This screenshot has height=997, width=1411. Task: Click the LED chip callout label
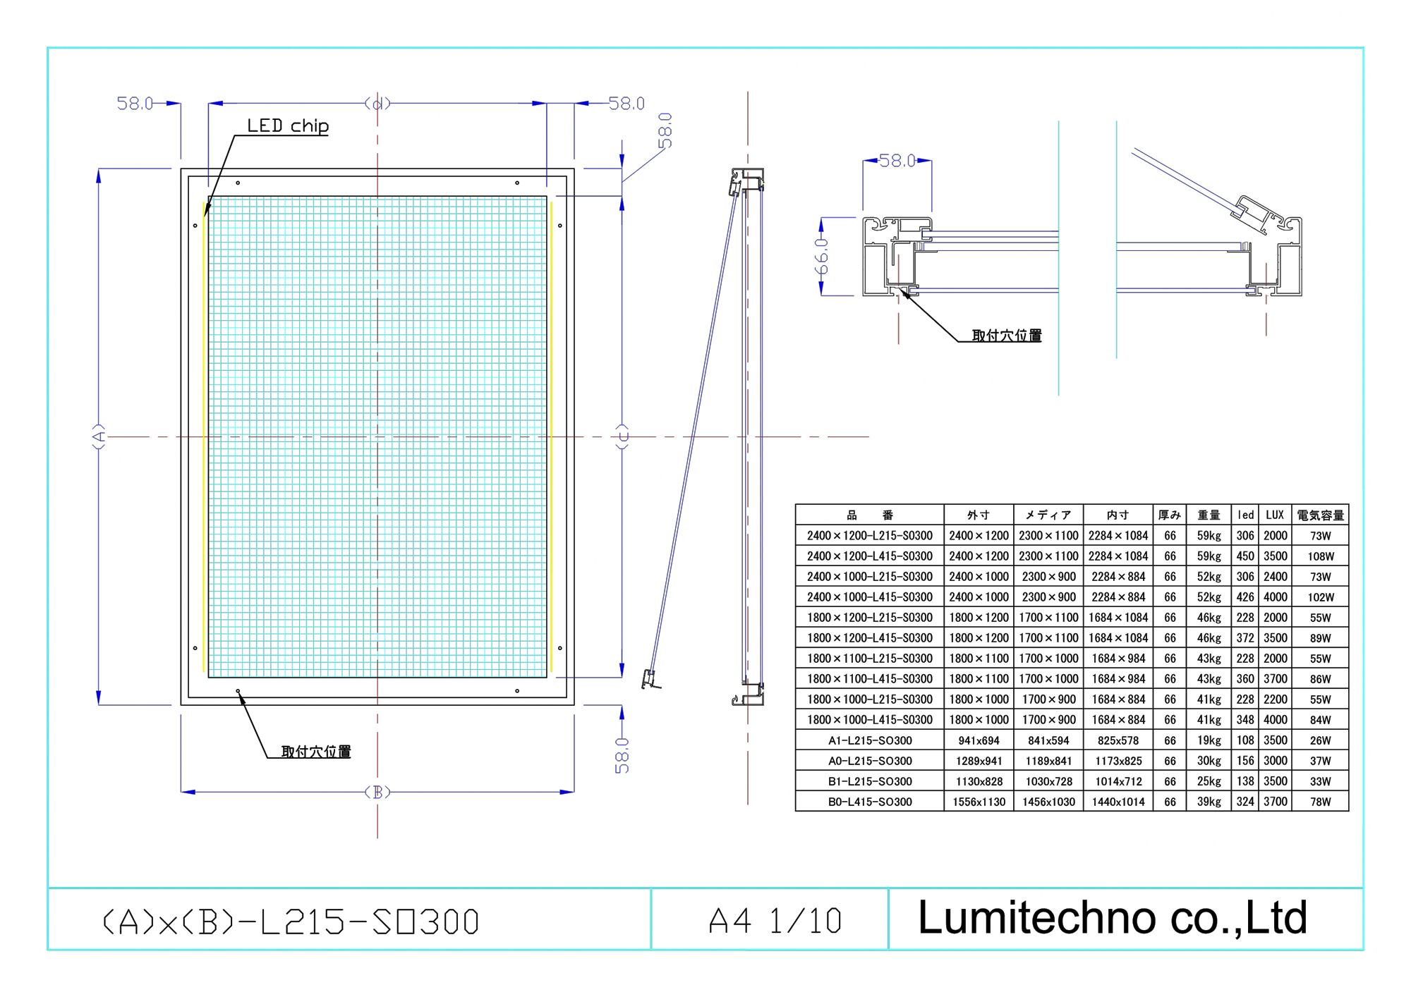pos(287,126)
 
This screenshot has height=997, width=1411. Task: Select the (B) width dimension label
pos(377,792)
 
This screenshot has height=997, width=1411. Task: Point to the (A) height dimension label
pos(99,436)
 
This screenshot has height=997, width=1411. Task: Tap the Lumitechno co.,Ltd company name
pos(1113,917)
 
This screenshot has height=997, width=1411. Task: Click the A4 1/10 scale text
pos(775,921)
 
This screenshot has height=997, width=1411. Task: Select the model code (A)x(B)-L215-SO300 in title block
pos(291,922)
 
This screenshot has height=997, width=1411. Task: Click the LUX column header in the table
pos(1275,515)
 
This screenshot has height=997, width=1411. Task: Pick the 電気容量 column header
pos(1320,515)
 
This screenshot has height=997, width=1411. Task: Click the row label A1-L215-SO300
pos(869,740)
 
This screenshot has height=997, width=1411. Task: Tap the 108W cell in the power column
pos(1320,556)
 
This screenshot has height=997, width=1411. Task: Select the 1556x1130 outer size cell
pos(979,802)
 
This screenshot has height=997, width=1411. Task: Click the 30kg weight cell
pos(1209,761)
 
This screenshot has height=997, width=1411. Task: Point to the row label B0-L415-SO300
pos(869,802)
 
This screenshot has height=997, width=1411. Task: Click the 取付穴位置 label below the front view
pos(316,751)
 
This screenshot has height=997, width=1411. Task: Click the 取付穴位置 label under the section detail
pos(1007,335)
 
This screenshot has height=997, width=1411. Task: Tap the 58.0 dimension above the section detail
pos(897,161)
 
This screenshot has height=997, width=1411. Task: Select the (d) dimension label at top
pos(377,104)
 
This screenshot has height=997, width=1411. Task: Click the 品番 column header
pos(869,515)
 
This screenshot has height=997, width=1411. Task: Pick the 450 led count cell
pos(1245,556)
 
